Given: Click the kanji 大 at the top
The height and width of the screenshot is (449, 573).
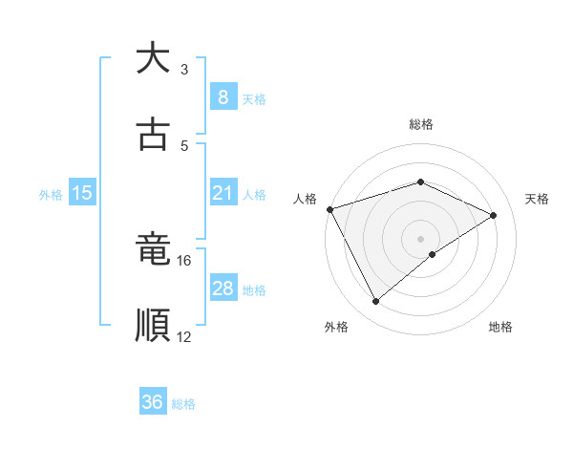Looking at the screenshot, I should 154,58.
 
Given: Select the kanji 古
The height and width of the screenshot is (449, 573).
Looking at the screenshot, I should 154,135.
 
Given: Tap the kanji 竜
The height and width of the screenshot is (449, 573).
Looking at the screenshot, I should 154,251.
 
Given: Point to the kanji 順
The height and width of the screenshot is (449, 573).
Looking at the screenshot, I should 154,326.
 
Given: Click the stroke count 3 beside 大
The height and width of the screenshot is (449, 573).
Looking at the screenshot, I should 184,70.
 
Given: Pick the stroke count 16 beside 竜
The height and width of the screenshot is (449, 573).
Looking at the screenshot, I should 184,260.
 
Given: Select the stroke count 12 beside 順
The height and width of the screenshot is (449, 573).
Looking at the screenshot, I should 184,336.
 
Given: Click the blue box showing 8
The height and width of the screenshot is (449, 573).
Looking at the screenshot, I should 223,97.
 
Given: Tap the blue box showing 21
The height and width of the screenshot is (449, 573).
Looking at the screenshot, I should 223,193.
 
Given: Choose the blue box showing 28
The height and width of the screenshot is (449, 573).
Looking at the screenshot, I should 223,289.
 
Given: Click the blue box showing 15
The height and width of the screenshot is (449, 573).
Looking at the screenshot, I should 82,193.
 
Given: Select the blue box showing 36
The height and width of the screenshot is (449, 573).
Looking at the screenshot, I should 153,402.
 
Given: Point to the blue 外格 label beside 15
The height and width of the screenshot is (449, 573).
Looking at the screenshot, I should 51,194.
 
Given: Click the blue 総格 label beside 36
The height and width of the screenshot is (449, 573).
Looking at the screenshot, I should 183,404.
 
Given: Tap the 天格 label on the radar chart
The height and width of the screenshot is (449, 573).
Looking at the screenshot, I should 538,199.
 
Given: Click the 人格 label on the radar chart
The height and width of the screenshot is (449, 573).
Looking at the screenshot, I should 306,199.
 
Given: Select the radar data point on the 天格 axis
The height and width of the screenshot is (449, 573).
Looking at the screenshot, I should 494,215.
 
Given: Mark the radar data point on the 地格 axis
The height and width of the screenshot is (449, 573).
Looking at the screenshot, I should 433,254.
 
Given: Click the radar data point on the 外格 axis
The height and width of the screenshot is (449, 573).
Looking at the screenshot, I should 375,302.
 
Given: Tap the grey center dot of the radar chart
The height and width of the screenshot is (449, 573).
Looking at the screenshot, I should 421,238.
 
